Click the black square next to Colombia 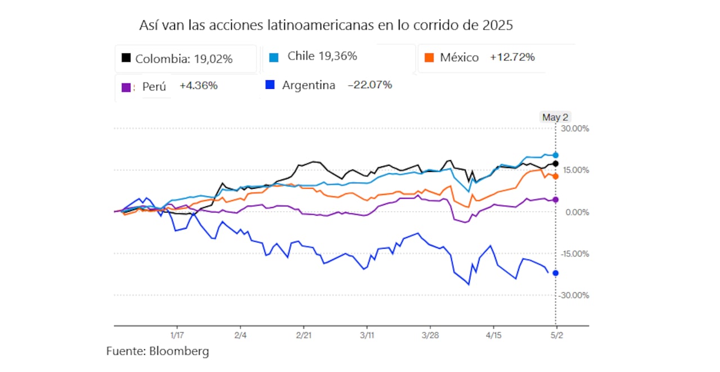pyautogui.click(x=127, y=58)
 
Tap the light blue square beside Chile pyautogui.click(x=274, y=57)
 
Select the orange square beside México pyautogui.click(x=429, y=57)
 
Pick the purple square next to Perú pyautogui.click(x=127, y=87)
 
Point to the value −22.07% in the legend pyautogui.click(x=370, y=85)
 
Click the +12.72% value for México pyautogui.click(x=512, y=57)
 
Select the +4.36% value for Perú pyautogui.click(x=198, y=86)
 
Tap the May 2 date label pyautogui.click(x=555, y=117)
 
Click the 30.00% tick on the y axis pyautogui.click(x=574, y=129)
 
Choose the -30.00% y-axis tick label pyautogui.click(x=573, y=295)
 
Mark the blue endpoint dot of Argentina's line pyautogui.click(x=556, y=273)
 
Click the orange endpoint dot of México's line pyautogui.click(x=556, y=176)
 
